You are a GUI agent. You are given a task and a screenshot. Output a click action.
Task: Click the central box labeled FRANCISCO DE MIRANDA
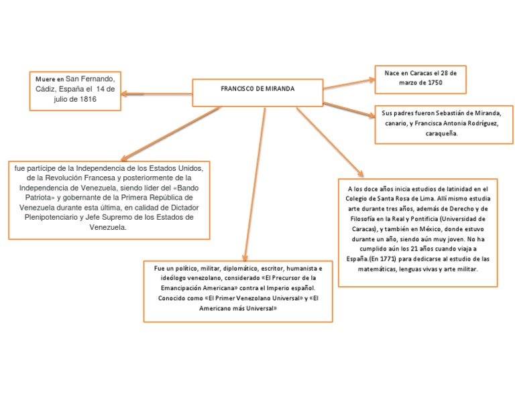point(257,89)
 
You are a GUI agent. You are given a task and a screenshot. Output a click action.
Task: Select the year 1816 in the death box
point(87,99)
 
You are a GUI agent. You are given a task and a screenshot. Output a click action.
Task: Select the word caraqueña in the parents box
point(441,133)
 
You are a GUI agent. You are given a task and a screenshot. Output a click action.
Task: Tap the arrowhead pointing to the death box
point(127,94)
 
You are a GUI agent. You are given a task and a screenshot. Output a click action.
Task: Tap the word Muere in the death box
point(46,79)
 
